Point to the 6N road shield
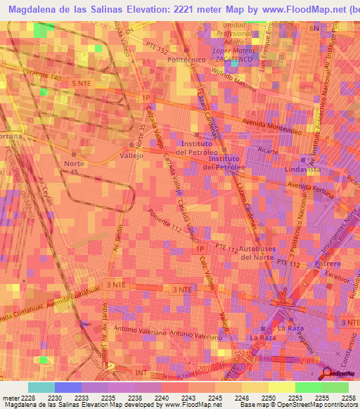(x=314, y=27)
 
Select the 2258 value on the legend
(x=349, y=397)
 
